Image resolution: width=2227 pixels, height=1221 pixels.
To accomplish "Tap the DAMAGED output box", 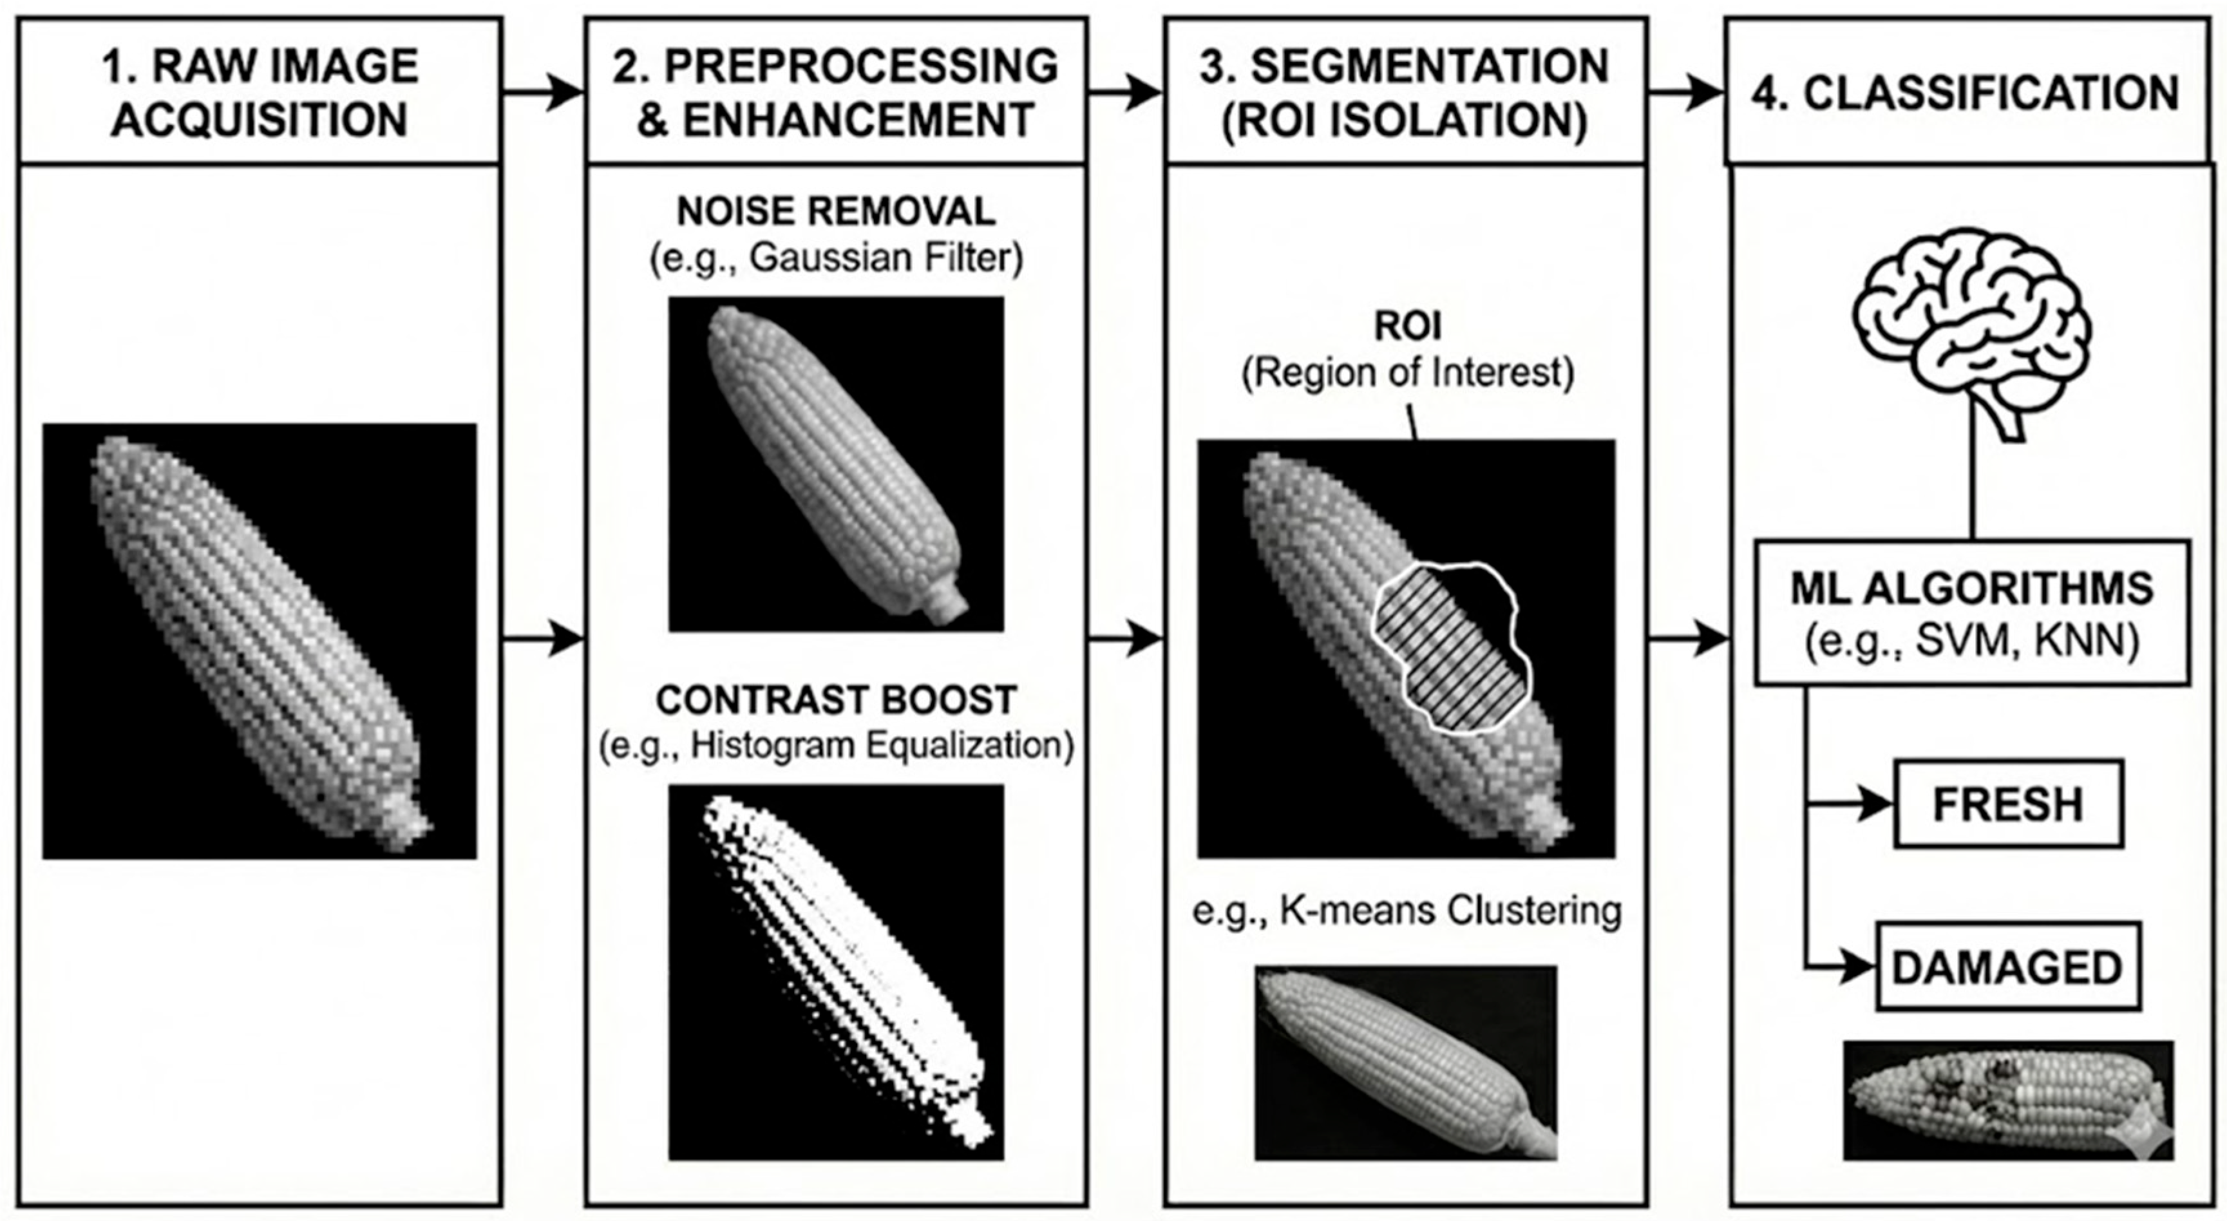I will pyautogui.click(x=2007, y=967).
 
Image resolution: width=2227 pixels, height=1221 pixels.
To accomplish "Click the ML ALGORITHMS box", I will pyautogui.click(x=1971, y=613).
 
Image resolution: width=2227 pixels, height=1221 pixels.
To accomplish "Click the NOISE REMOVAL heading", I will pyautogui.click(x=835, y=211).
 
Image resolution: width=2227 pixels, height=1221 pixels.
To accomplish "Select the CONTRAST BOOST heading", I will pyautogui.click(x=835, y=699).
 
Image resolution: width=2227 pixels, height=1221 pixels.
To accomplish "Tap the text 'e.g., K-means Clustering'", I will pyautogui.click(x=1407, y=911).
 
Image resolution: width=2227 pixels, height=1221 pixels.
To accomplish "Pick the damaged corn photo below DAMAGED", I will pyautogui.click(x=2007, y=1100).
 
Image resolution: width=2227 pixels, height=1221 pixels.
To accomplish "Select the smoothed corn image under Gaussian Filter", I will pyautogui.click(x=836, y=464).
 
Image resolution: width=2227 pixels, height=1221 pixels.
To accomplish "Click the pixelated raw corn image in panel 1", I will pyautogui.click(x=260, y=641).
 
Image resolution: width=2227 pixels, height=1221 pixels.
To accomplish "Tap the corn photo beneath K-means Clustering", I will pyautogui.click(x=1406, y=1062).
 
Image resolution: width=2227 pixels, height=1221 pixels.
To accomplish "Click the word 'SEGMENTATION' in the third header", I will pyautogui.click(x=1429, y=66).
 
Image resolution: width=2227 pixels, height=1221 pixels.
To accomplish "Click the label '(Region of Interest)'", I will pyautogui.click(x=1407, y=373).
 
